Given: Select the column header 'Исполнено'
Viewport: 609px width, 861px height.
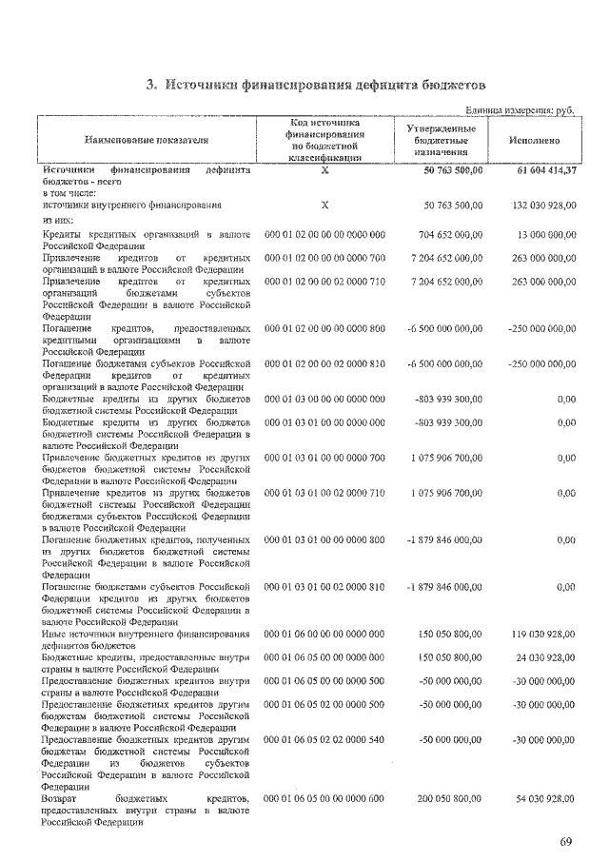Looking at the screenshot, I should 535,141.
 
